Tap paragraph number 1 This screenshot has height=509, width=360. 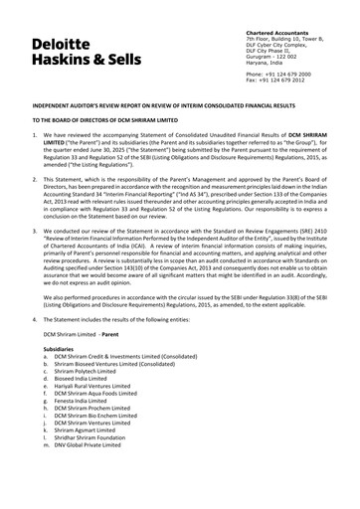[36, 133]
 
